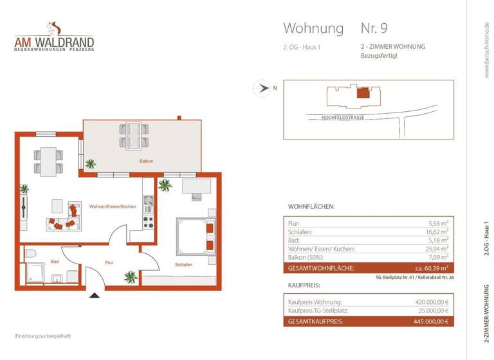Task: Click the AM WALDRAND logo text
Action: click(x=55, y=43)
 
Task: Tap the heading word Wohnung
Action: click(x=313, y=28)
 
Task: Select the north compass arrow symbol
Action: click(x=262, y=89)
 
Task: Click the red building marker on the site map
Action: click(x=364, y=93)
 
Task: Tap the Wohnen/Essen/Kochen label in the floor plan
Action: click(x=112, y=206)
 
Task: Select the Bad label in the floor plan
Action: click(x=55, y=262)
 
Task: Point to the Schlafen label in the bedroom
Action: click(x=184, y=264)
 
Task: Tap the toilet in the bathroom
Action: click(x=30, y=255)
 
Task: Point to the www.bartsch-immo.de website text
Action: click(x=486, y=50)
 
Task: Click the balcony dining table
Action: click(x=133, y=134)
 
